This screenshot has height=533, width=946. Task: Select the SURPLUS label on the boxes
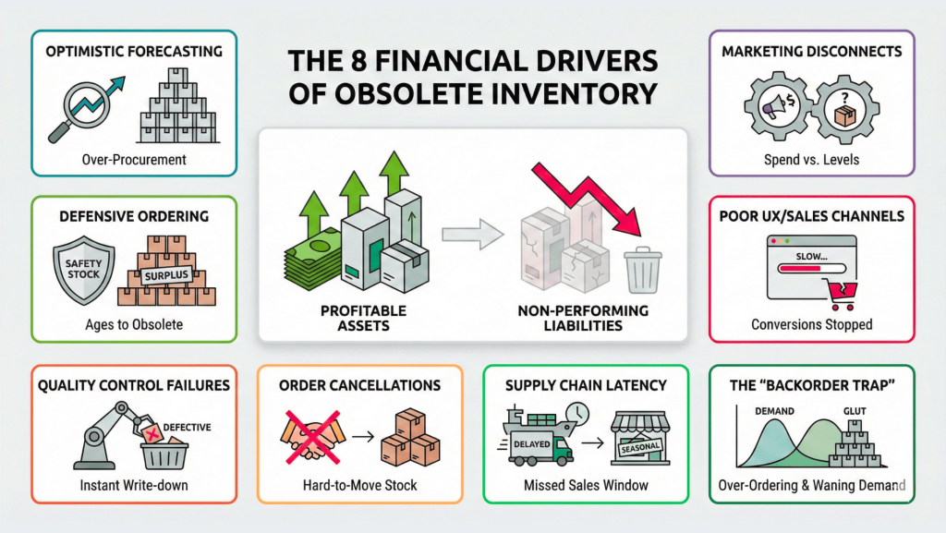[166, 274]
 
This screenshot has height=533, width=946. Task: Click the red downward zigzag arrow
[591, 194]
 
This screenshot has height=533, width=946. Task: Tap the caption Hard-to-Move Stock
[358, 485]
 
